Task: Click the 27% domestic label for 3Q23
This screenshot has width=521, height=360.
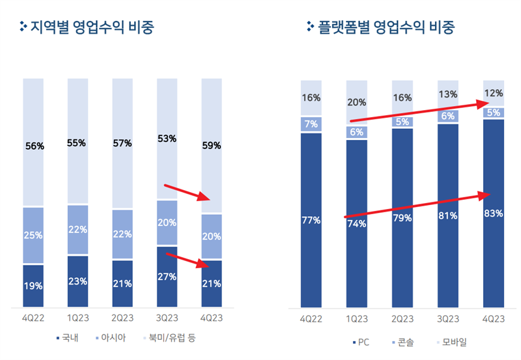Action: pyautogui.click(x=167, y=277)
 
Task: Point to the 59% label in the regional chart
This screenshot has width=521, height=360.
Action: pyautogui.click(x=212, y=146)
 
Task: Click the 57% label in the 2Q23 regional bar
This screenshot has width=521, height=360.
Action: pyautogui.click(x=122, y=143)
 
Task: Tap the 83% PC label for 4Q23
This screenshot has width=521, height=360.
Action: pyautogui.click(x=493, y=213)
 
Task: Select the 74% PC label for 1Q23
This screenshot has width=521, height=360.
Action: pyautogui.click(x=356, y=223)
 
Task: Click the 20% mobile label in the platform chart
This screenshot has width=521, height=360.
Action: pyautogui.click(x=356, y=102)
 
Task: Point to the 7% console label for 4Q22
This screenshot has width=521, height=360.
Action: pyautogui.click(x=311, y=124)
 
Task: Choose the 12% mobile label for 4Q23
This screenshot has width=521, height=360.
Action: pyautogui.click(x=493, y=92)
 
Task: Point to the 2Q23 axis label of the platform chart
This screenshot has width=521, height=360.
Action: pyautogui.click(x=402, y=319)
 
